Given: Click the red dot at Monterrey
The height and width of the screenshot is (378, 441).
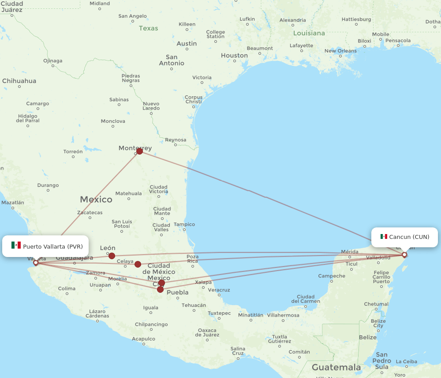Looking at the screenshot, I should pyautogui.click(x=139, y=151).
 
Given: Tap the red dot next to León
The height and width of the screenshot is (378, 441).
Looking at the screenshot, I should pyautogui.click(x=112, y=256).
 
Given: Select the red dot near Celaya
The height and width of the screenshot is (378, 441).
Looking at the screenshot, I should pyautogui.click(x=138, y=264).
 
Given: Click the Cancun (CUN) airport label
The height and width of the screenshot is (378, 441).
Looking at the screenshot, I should pyautogui.click(x=409, y=237).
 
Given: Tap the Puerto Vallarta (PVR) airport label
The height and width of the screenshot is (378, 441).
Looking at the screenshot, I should pyautogui.click(x=52, y=246).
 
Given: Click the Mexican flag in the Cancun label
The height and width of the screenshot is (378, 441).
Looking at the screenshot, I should pyautogui.click(x=384, y=237).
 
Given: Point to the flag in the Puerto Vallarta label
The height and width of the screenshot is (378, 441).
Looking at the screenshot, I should pyautogui.click(x=16, y=246).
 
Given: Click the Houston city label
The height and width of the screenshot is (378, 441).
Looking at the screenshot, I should pyautogui.click(x=234, y=56).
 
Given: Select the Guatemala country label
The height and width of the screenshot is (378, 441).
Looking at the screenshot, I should pyautogui.click(x=336, y=367).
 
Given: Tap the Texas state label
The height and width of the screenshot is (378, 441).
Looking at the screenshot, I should pyautogui.click(x=148, y=28).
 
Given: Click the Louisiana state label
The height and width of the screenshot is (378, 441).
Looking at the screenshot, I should pyautogui.click(x=309, y=33).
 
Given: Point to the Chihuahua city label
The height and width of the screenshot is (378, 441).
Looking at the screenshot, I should pyautogui.click(x=19, y=81).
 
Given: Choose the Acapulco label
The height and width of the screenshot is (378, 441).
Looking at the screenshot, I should pyautogui.click(x=143, y=339).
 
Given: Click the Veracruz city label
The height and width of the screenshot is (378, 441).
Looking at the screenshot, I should pyautogui.click(x=219, y=290).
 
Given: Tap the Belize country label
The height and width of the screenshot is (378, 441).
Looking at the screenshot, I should pyautogui.click(x=368, y=337).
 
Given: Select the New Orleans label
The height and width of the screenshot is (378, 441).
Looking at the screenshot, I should pyautogui.click(x=340, y=51).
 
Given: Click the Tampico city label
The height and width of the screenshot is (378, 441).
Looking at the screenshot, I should pyautogui.click(x=184, y=224).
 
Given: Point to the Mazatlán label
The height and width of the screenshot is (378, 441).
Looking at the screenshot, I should pyautogui.click(x=13, y=203).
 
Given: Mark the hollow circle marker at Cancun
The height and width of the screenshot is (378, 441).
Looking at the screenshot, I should pyautogui.click(x=404, y=254).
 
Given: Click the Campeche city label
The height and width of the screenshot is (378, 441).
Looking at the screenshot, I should pyautogui.click(x=332, y=276).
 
